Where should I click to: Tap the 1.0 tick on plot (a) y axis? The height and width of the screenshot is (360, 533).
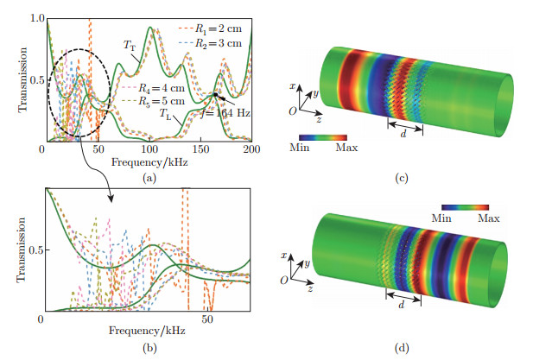(35, 16)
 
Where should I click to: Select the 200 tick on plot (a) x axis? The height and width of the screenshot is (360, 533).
(249, 150)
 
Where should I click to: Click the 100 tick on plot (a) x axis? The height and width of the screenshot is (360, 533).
(148, 150)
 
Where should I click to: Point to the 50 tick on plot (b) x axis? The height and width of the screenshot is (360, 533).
(207, 320)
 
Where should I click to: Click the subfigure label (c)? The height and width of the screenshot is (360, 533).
(399, 178)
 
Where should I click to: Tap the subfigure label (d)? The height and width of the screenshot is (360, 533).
(399, 348)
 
